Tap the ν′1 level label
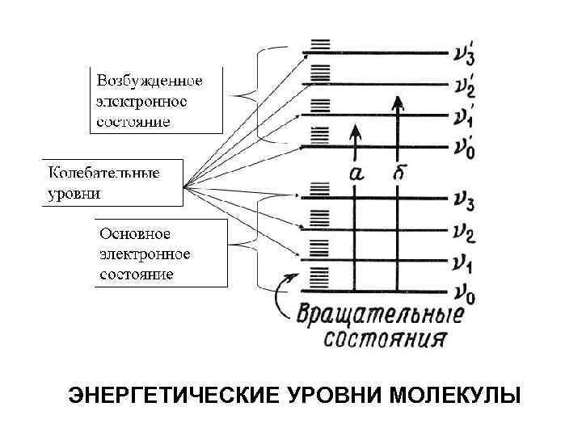(x=463, y=116)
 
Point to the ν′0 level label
(x=463, y=148)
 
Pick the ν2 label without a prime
(x=463, y=233)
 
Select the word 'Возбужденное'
(x=150, y=82)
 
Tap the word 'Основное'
(x=135, y=234)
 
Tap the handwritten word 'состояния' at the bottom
(x=385, y=337)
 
